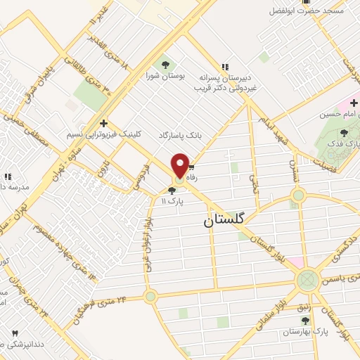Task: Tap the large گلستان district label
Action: pyautogui.click(x=226, y=220)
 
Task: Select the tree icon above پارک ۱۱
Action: pyautogui.click(x=172, y=190)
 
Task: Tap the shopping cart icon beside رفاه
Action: pyautogui.click(x=191, y=169)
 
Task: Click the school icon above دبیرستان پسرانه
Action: pyautogui.click(x=224, y=65)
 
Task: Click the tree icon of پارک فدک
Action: pyautogui.click(x=344, y=133)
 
